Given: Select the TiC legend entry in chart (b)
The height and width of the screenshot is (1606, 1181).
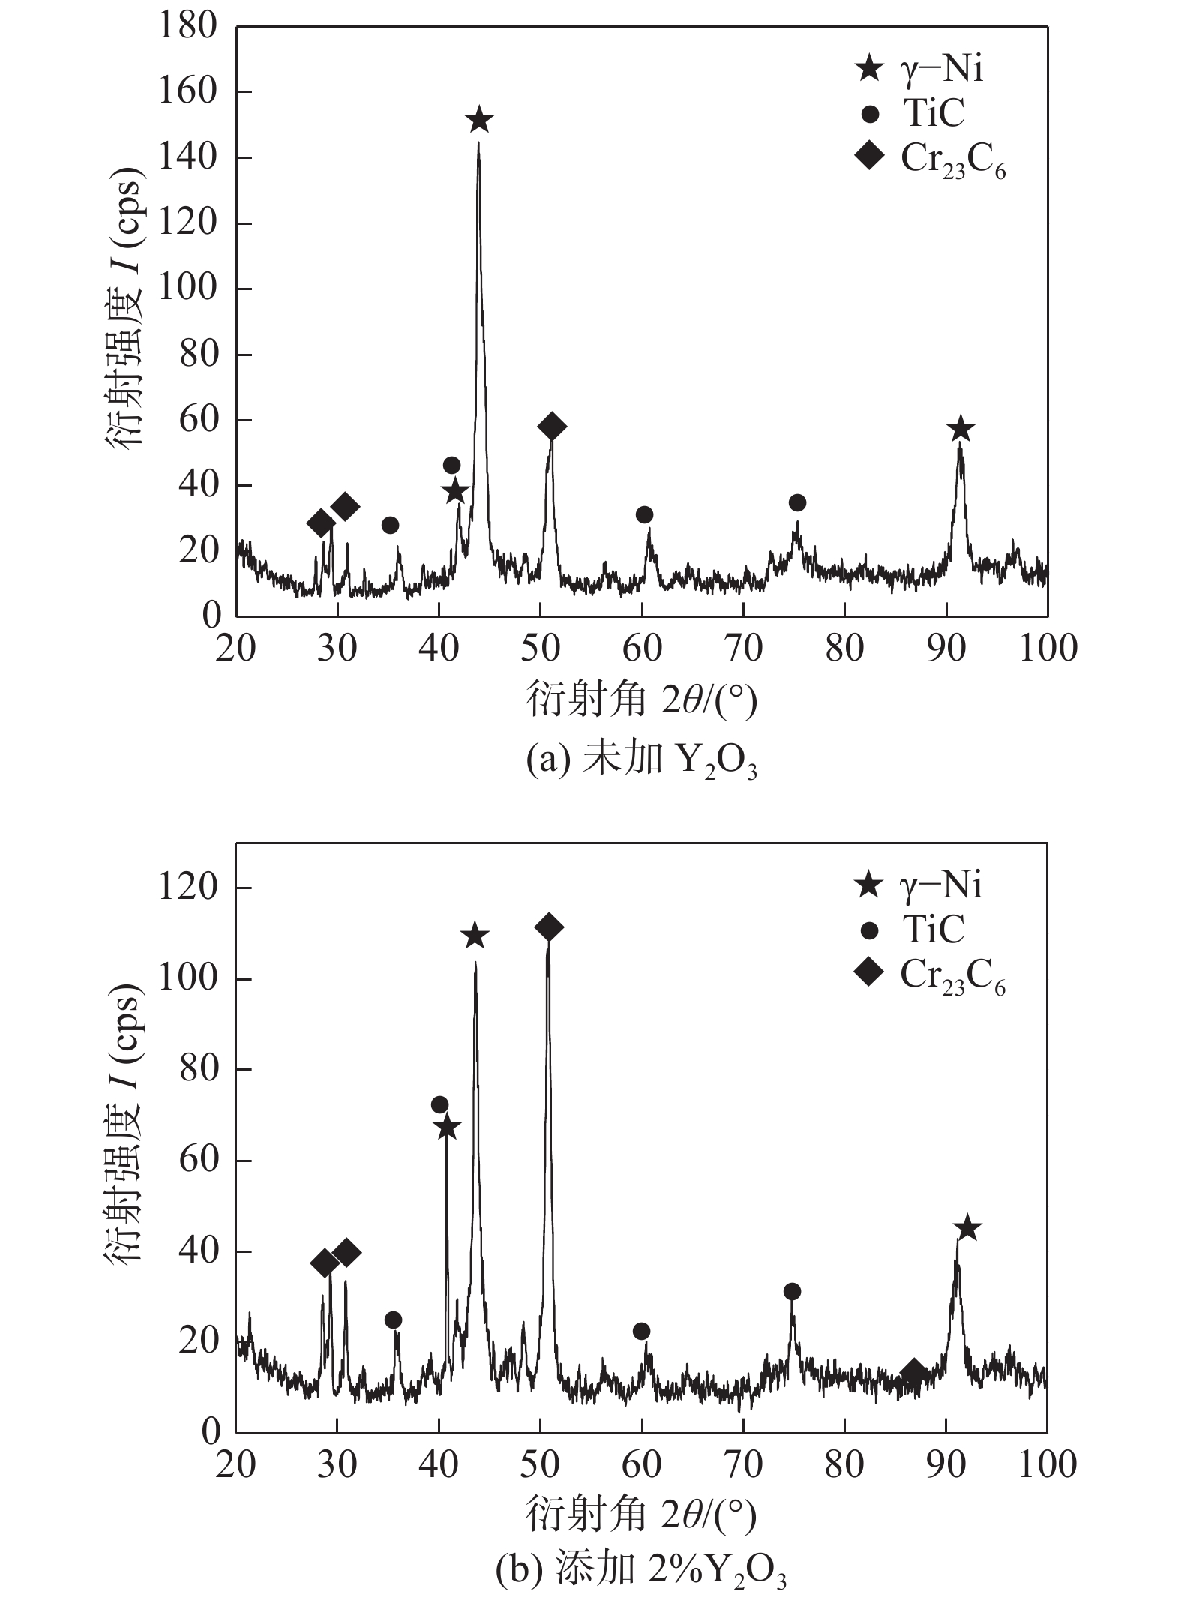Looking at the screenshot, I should click(916, 930).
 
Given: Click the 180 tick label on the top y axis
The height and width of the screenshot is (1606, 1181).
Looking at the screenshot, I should click(187, 27).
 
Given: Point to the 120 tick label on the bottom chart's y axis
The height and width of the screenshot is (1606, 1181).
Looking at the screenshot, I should click(187, 888).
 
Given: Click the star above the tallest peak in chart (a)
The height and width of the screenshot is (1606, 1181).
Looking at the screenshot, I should click(479, 120).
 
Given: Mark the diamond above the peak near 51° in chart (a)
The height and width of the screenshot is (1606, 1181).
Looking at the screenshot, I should click(552, 427).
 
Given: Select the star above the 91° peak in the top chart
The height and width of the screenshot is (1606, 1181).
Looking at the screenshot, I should click(961, 430).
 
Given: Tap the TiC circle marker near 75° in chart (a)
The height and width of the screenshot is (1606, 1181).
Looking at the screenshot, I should click(797, 502).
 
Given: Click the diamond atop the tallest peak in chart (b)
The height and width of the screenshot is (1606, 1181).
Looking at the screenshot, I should click(549, 927).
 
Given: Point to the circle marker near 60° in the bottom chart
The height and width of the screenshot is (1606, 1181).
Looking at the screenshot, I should click(641, 1331).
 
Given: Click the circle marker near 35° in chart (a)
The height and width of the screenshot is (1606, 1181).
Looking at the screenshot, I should click(390, 525).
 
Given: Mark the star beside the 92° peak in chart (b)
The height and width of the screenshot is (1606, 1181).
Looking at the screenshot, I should click(967, 1228).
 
